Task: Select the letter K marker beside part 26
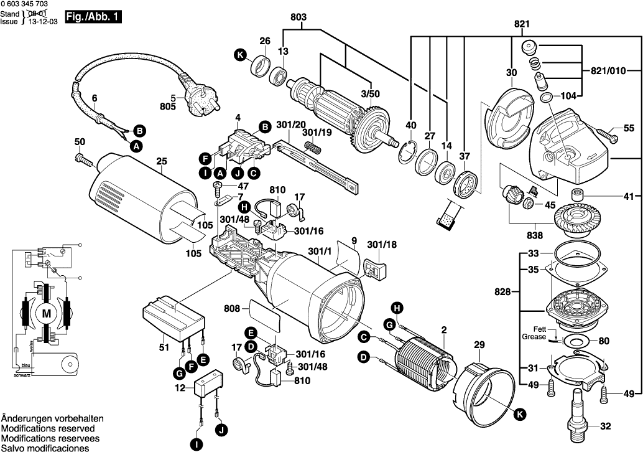pyautogui.click(x=240, y=55)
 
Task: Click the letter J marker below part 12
pyautogui.click(x=222, y=430)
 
